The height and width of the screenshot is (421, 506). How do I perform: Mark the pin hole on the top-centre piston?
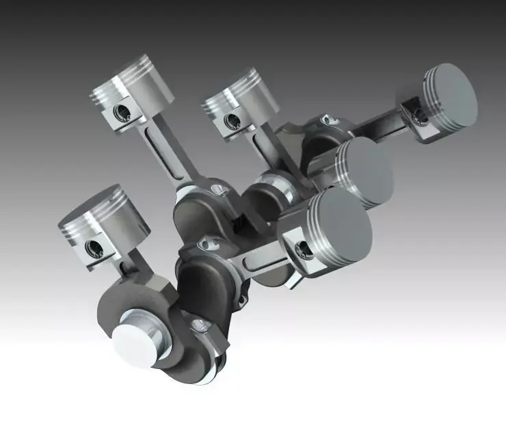[x=232, y=122]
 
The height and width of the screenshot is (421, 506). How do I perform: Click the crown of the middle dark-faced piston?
[x=367, y=171]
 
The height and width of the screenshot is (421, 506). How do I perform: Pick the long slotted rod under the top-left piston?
[x=164, y=150]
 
